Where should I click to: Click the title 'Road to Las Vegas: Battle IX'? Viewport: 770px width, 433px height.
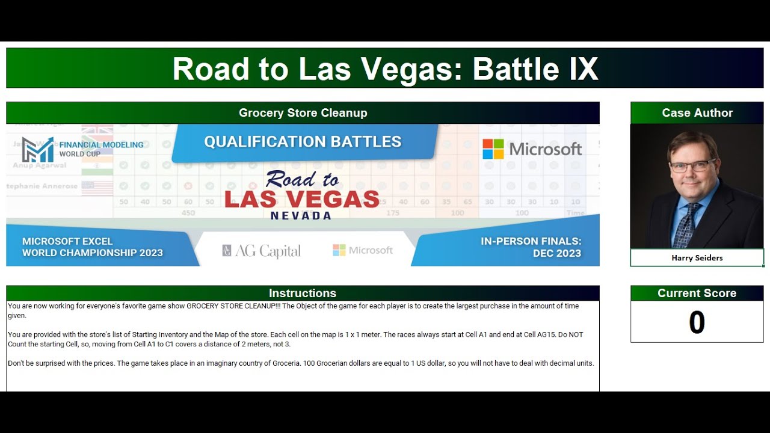click(385, 69)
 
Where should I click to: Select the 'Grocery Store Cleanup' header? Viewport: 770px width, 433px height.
click(303, 113)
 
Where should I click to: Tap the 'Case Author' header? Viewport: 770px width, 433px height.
click(697, 113)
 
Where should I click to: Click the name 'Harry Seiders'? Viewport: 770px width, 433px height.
click(697, 258)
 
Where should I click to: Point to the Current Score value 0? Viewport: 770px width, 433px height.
click(697, 323)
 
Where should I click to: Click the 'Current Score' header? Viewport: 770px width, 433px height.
click(697, 293)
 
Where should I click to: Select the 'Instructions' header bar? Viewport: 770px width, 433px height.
click(303, 293)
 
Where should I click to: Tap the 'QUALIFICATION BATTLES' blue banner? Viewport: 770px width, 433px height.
click(303, 142)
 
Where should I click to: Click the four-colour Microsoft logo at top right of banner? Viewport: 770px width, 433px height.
click(493, 149)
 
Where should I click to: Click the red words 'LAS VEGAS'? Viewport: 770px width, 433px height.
click(302, 199)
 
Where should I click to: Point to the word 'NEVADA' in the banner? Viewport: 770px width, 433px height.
click(301, 215)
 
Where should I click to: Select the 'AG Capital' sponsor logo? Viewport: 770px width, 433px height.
click(261, 251)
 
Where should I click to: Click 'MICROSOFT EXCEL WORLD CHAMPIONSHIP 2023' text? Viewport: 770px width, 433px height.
click(93, 247)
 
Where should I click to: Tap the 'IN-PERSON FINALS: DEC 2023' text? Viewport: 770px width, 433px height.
click(531, 247)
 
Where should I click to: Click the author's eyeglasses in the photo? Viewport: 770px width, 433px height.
click(694, 165)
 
